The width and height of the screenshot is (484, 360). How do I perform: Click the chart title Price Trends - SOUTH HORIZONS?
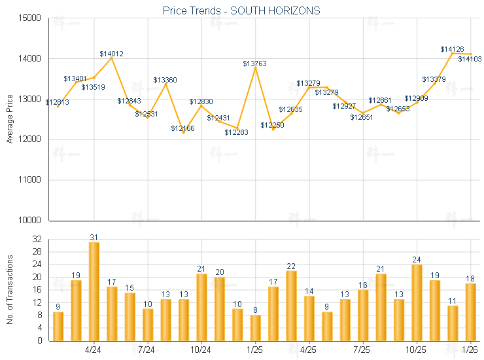tap(241, 10)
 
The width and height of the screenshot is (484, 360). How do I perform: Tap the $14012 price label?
tap(112, 54)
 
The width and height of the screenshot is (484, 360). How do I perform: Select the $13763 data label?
tap(255, 63)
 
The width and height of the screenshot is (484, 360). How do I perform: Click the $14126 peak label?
tap(452, 49)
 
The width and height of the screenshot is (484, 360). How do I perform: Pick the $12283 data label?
tap(237, 132)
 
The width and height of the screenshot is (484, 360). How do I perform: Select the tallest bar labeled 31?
tap(94, 291)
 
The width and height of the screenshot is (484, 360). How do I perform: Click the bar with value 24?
tap(417, 302)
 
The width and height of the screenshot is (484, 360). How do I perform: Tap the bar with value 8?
tap(255, 327)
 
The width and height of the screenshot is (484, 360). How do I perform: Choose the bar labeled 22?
tap(291, 305)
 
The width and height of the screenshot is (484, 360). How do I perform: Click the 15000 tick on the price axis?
tap(30, 18)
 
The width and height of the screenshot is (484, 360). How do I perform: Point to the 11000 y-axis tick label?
tap(30, 180)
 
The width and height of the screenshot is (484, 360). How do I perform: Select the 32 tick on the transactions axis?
tap(37, 240)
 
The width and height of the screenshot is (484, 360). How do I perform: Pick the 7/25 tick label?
tap(362, 349)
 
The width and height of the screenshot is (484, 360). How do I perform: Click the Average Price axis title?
tap(10, 119)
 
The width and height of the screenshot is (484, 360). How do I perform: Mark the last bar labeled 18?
tap(470, 312)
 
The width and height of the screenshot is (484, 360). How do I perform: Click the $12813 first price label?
tap(58, 102)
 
